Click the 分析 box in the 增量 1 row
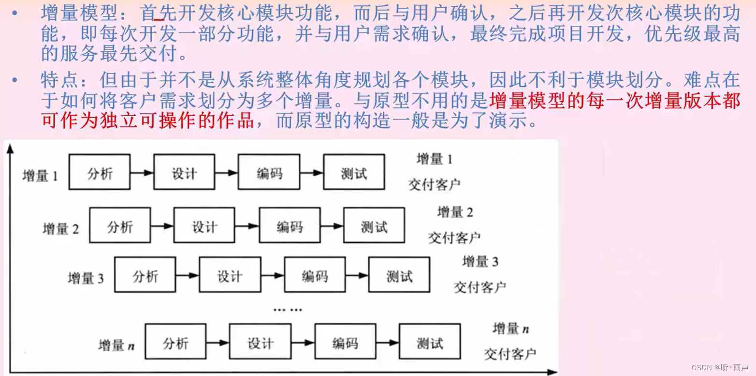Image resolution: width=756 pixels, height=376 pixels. click(100, 172)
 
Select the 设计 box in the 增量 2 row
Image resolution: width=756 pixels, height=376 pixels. click(204, 225)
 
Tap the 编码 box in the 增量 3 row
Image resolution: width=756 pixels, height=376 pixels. click(315, 274)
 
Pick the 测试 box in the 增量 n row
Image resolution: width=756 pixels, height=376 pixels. click(429, 341)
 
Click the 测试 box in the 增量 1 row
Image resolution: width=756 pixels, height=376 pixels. click(354, 172)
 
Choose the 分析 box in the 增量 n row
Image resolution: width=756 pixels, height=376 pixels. click(175, 341)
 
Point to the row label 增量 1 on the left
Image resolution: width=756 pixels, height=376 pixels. click(40, 175)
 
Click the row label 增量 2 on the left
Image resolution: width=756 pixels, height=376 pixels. click(60, 228)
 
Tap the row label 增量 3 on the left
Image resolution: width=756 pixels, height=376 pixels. click(86, 278)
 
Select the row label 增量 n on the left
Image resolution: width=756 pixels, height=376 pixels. click(116, 345)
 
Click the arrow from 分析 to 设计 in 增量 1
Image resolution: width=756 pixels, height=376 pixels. click(142, 172)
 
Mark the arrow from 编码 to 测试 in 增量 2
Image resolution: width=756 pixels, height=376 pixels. click(332, 226)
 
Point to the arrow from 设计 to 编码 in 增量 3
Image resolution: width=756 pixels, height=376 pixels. click(273, 275)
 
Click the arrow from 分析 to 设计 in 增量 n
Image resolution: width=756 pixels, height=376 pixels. click(218, 342)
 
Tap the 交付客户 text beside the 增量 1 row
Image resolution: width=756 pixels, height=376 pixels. click(434, 184)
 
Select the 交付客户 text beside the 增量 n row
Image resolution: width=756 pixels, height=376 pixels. click(510, 354)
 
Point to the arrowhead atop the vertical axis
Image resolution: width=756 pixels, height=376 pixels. click(10, 148)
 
